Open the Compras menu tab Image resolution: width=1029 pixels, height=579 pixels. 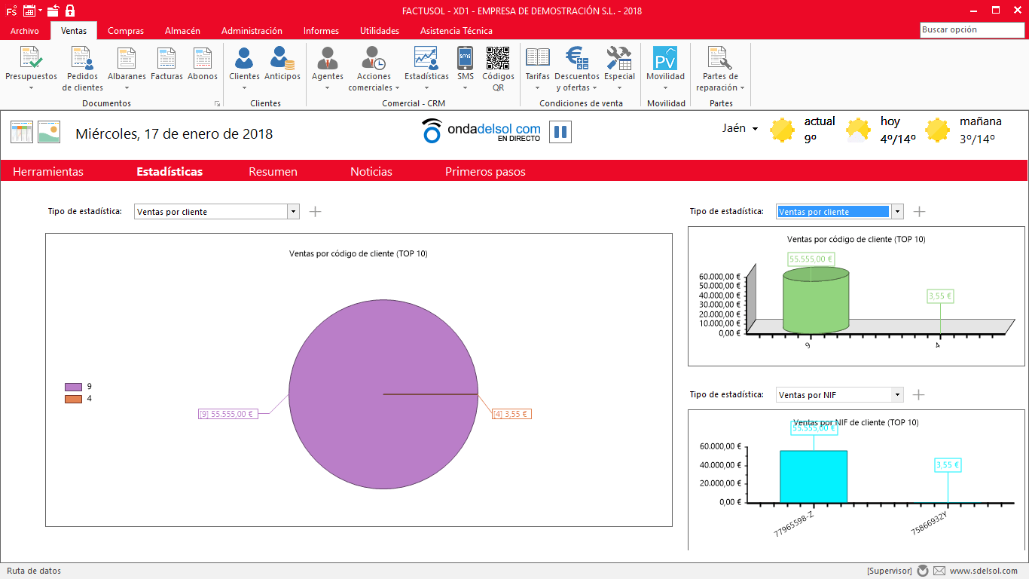pyautogui.click(x=125, y=30)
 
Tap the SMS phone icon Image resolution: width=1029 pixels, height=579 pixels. pyautogui.click(x=465, y=58)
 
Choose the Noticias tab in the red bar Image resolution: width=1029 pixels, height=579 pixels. pyautogui.click(x=371, y=172)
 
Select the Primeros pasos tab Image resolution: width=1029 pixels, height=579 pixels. pyautogui.click(x=485, y=172)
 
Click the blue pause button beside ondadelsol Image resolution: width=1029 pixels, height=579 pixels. pyautogui.click(x=560, y=132)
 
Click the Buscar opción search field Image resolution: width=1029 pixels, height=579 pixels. pyautogui.click(x=972, y=30)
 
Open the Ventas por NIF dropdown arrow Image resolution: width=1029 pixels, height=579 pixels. pyautogui.click(x=896, y=394)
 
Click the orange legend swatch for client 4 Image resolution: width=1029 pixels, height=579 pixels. pyautogui.click(x=73, y=399)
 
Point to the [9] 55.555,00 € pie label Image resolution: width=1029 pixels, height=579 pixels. pyautogui.click(x=227, y=414)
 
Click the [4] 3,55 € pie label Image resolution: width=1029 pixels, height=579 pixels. pyautogui.click(x=511, y=414)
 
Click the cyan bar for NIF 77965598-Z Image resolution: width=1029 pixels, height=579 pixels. pyautogui.click(x=813, y=476)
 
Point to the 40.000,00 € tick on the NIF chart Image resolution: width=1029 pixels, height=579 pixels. pyautogui.click(x=720, y=465)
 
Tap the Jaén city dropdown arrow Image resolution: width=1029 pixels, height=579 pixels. pyautogui.click(x=755, y=129)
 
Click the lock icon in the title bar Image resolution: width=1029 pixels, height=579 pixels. pyautogui.click(x=70, y=11)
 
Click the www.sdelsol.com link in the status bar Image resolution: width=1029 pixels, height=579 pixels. pyautogui.click(x=984, y=571)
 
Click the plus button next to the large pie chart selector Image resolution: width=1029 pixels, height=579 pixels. pyautogui.click(x=315, y=212)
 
